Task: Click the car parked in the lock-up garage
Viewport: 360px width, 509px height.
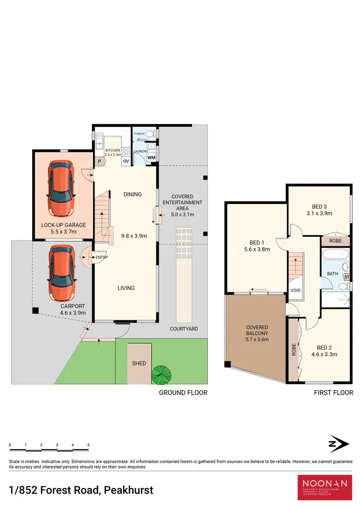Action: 60,189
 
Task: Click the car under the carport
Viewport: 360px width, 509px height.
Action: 60,271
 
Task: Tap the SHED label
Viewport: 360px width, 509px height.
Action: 139,364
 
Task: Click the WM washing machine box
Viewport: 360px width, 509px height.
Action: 152,158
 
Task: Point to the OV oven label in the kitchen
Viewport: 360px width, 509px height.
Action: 126,161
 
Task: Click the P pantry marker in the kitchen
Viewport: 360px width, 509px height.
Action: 99,162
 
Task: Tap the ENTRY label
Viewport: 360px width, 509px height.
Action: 102,257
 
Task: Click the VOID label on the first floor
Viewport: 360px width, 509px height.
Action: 296,291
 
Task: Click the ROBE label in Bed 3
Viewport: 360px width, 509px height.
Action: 336,241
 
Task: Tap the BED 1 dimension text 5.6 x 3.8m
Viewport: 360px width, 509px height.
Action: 257,249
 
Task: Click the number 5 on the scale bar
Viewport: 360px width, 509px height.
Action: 88,445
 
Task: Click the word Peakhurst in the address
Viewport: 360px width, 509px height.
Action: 127,490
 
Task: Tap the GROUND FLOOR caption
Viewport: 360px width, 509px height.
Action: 183,392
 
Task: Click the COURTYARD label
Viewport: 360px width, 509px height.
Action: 184,329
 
